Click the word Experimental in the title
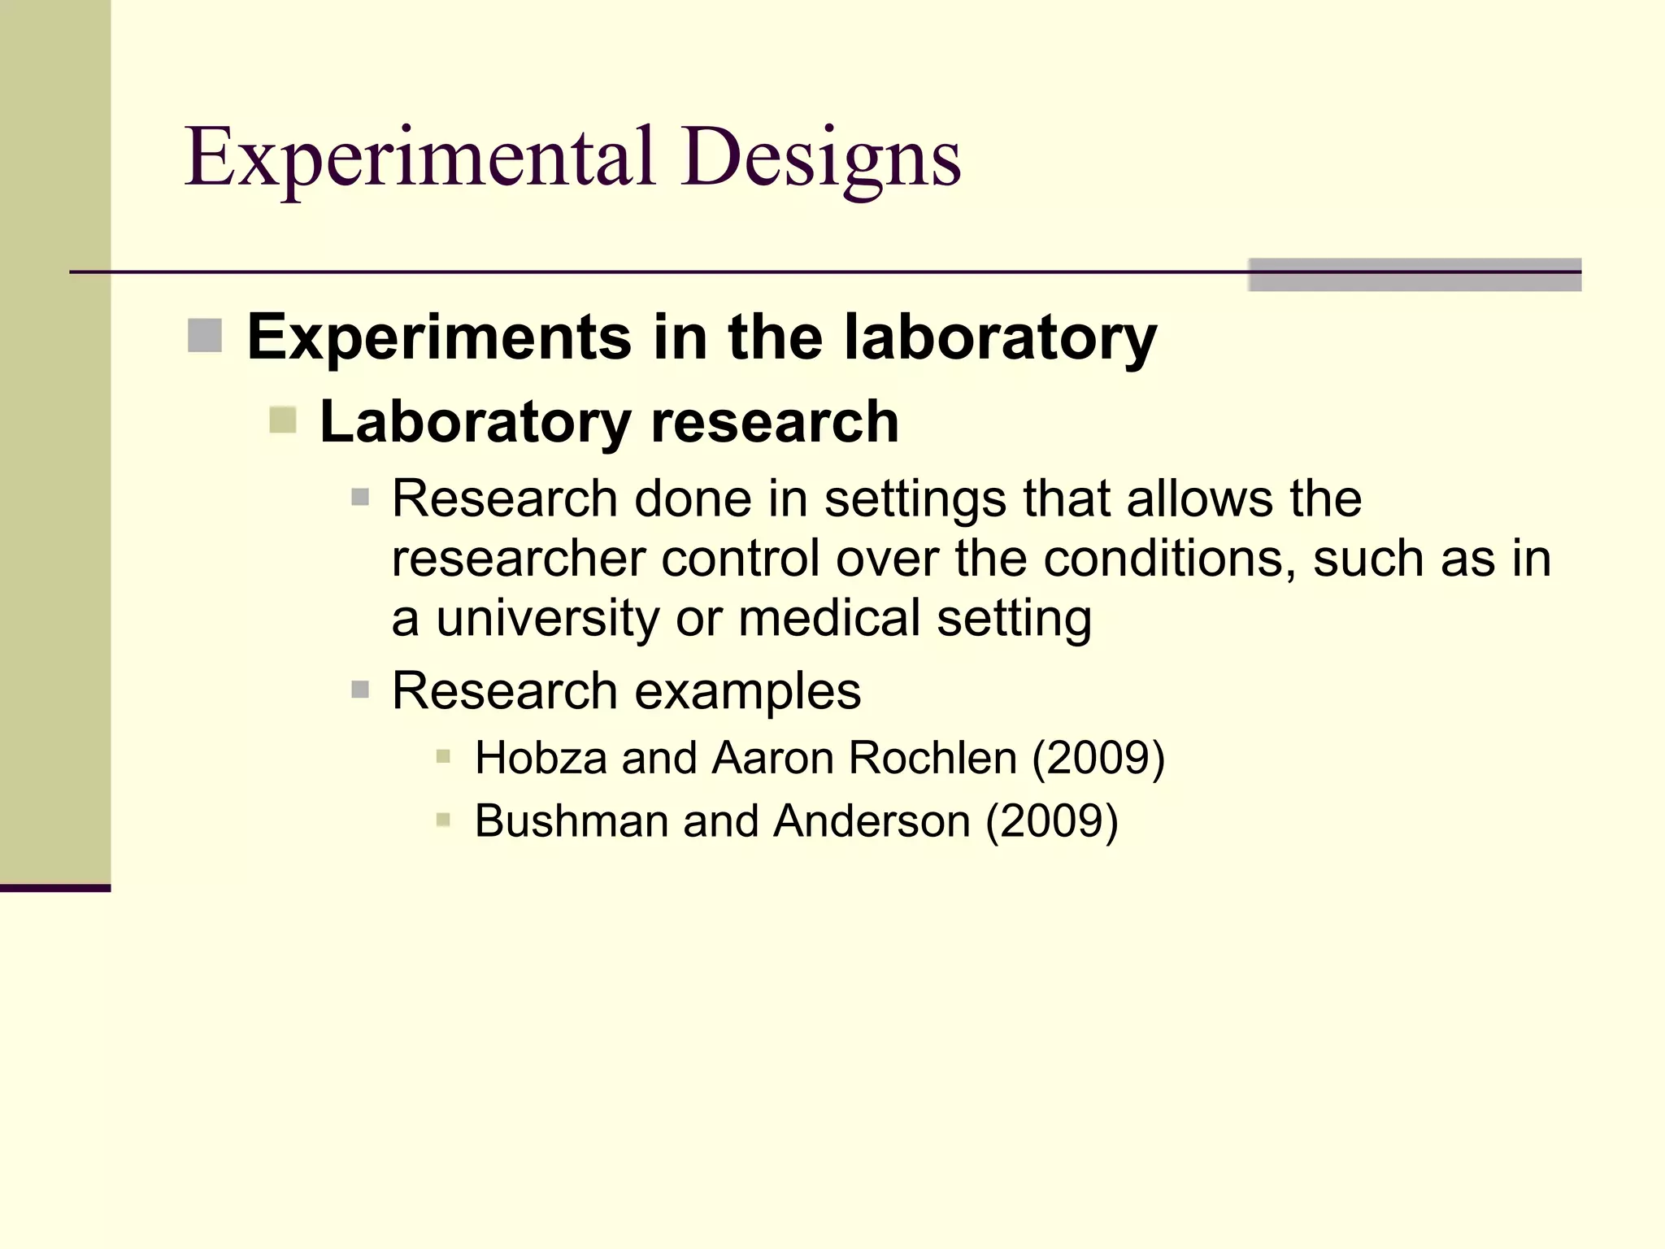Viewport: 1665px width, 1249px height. [x=420, y=158]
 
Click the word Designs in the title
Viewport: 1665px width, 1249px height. [x=821, y=158]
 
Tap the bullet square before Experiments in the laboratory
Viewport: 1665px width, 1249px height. [x=205, y=336]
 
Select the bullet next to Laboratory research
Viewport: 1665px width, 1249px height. [x=283, y=420]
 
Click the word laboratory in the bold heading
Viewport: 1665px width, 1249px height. [x=1000, y=337]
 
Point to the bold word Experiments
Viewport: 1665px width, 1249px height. [x=439, y=337]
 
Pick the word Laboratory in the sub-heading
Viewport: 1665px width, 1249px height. [x=475, y=422]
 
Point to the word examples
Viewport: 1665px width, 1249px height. [x=747, y=691]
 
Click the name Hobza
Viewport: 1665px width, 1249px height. [x=541, y=758]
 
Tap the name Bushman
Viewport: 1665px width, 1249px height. [x=571, y=820]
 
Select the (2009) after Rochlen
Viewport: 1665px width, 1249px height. [x=1098, y=758]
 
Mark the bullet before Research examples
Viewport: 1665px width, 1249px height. [x=360, y=690]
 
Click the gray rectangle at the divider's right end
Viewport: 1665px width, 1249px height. [x=1415, y=275]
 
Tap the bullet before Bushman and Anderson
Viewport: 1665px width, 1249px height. [x=443, y=820]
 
